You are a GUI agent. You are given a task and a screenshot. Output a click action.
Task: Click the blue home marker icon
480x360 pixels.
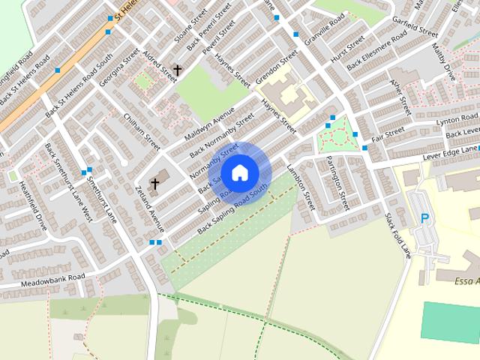point(239,172)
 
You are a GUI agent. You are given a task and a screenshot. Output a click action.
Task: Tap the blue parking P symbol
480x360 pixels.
point(425,219)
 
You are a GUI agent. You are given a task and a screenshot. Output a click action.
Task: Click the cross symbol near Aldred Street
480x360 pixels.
point(178,70)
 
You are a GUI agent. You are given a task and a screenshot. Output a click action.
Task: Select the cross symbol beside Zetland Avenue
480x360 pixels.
point(155,183)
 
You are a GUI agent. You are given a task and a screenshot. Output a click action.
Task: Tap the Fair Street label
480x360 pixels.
point(388,133)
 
